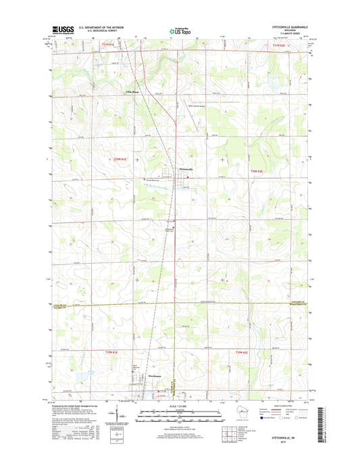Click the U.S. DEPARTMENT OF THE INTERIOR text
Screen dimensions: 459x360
(x=101, y=28)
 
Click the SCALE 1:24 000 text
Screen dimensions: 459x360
(x=180, y=405)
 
